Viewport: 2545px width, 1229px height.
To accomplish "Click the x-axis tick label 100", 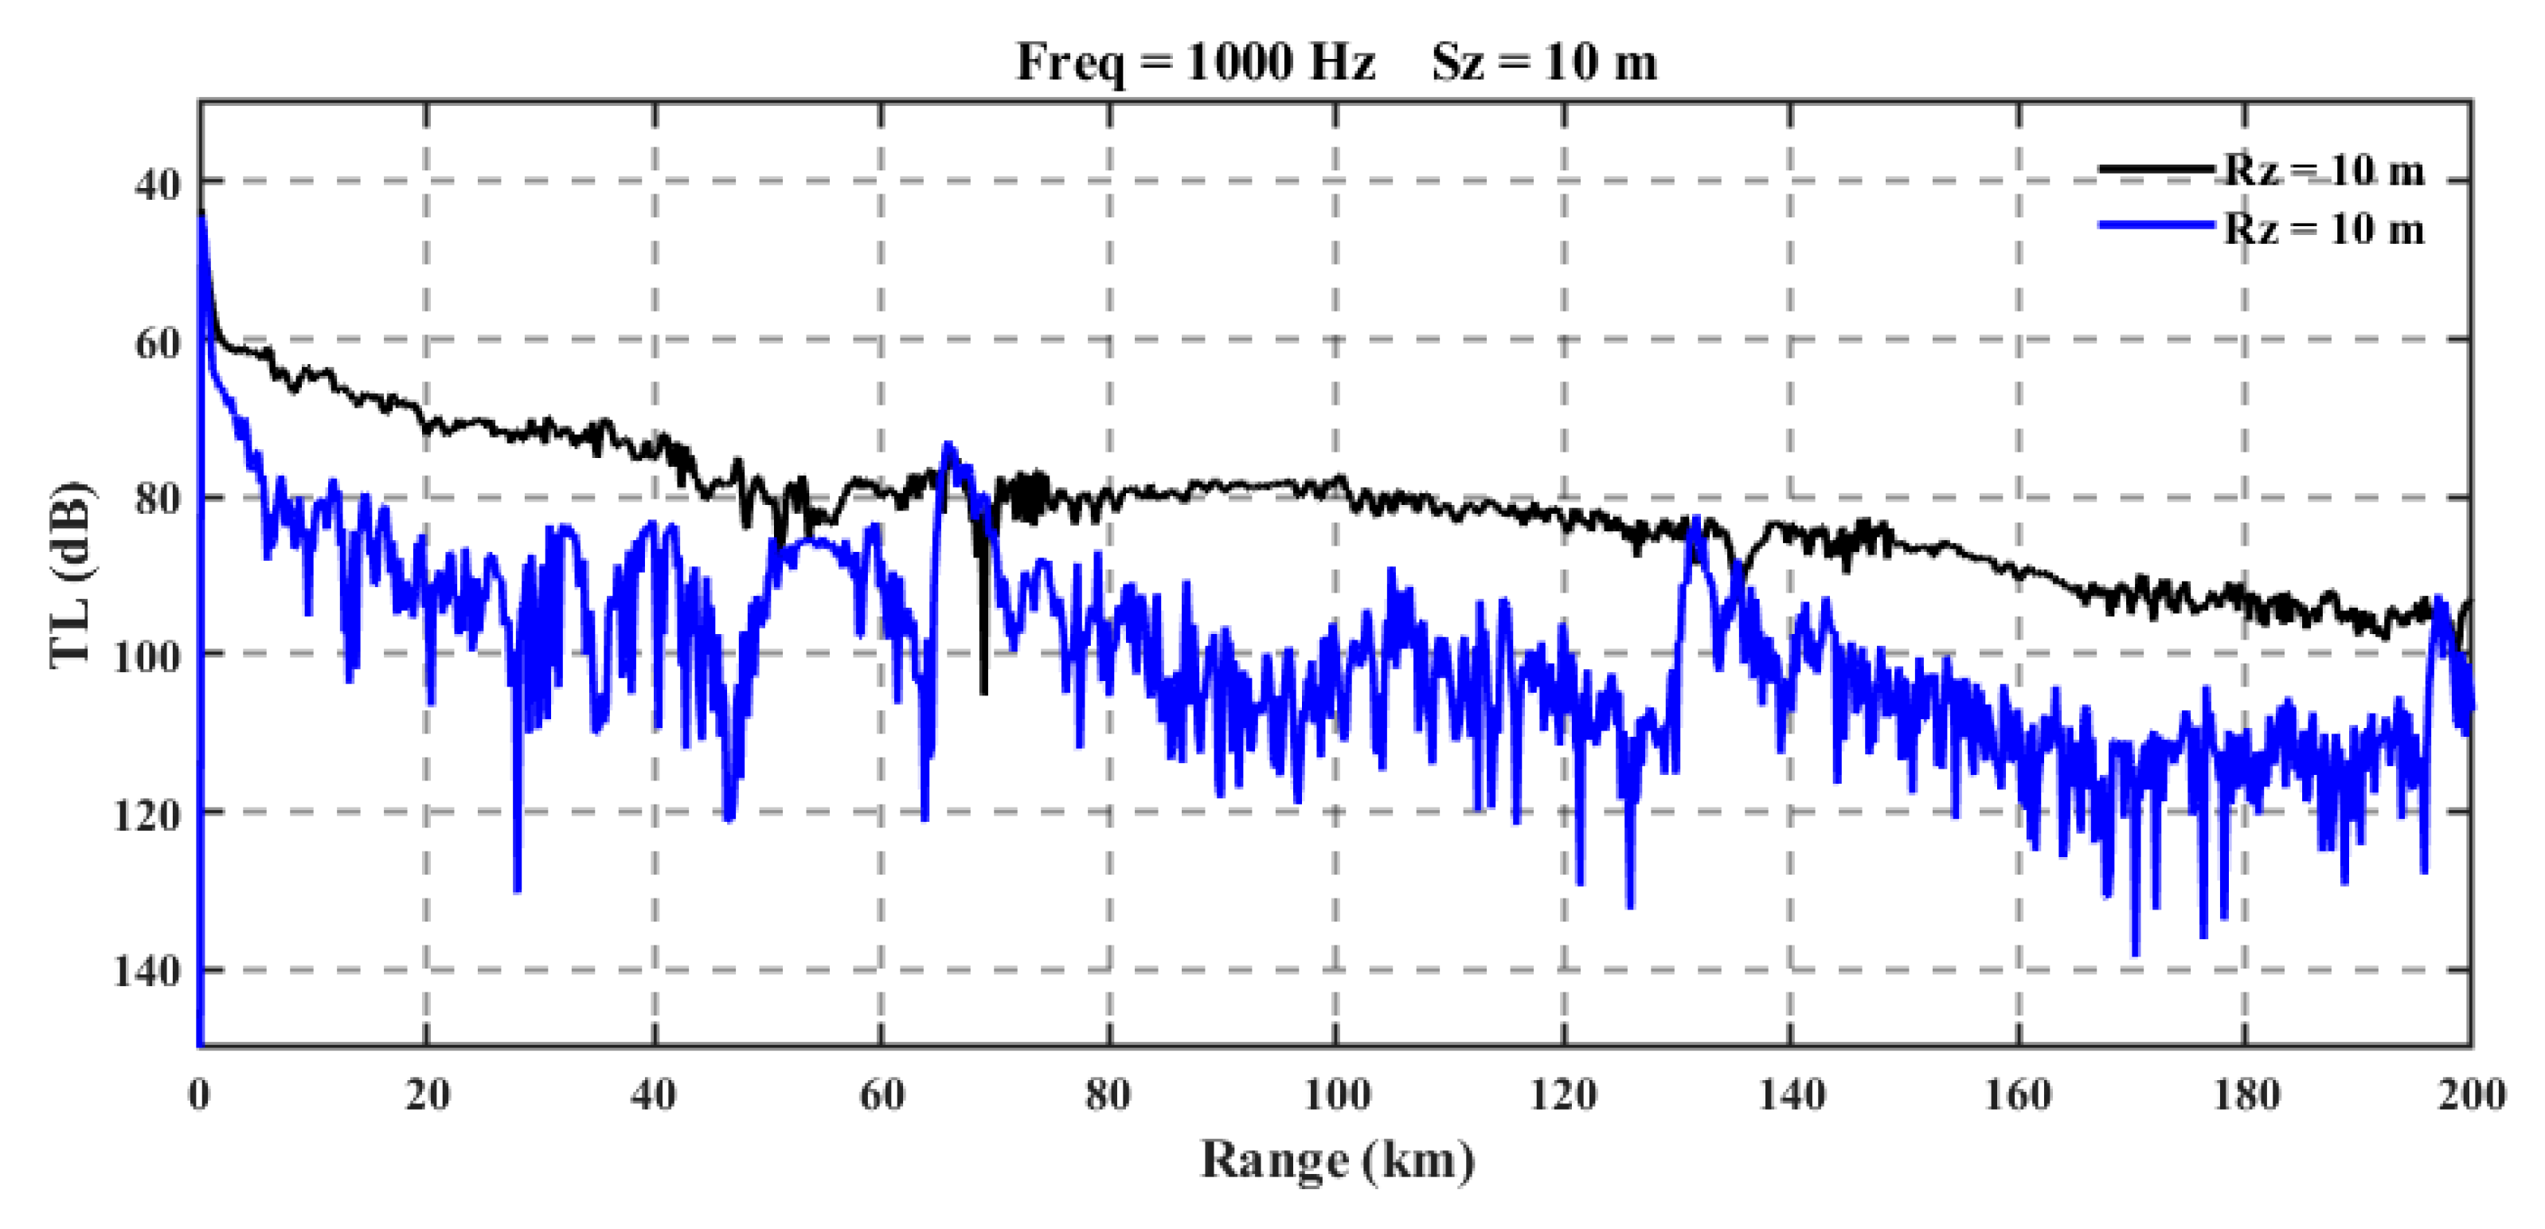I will [x=1335, y=1094].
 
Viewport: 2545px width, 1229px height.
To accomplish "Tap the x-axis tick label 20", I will [x=427, y=1094].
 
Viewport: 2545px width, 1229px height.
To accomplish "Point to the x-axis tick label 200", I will [x=2471, y=1094].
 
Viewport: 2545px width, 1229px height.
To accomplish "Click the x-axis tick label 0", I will [x=200, y=1094].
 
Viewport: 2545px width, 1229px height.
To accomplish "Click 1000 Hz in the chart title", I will [x=1280, y=62].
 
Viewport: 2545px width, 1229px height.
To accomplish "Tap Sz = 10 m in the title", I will [x=1544, y=62].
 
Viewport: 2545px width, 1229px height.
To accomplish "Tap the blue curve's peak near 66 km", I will [x=948, y=444].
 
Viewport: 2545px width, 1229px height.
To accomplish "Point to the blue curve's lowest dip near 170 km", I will [x=2135, y=953].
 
